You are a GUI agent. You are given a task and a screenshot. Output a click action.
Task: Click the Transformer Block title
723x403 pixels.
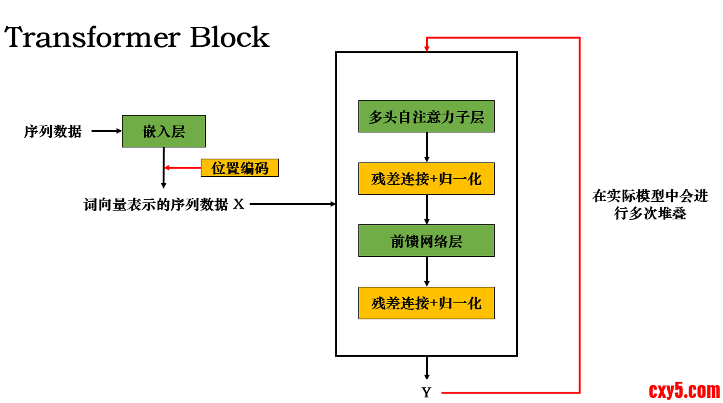tap(137, 37)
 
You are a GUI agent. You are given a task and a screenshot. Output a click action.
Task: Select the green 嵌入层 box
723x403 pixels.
tap(163, 131)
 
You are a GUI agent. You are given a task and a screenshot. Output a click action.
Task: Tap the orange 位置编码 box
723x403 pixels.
tap(240, 168)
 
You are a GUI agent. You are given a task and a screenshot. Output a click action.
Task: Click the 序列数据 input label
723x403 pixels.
tap(53, 132)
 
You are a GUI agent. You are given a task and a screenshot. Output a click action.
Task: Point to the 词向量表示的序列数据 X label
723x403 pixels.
tap(164, 204)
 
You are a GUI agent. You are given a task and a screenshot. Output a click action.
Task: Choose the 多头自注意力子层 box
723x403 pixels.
tap(426, 116)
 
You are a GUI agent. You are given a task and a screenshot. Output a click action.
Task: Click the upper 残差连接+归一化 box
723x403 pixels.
tap(426, 179)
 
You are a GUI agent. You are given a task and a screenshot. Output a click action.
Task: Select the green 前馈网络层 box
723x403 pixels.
tap(426, 241)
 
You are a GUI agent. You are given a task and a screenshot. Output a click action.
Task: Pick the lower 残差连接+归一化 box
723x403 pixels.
tap(426, 303)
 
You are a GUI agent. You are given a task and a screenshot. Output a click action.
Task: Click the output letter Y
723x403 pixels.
tap(427, 393)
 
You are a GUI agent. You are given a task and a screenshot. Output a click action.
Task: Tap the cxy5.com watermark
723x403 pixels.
tap(684, 391)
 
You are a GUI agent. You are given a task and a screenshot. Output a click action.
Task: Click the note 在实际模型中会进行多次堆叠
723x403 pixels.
tap(650, 204)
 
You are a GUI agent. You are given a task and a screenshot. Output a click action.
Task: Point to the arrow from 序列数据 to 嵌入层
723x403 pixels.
tap(106, 131)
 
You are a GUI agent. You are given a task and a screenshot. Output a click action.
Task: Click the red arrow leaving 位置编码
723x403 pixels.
tap(183, 167)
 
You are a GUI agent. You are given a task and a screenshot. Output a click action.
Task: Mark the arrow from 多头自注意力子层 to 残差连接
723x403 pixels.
tap(427, 147)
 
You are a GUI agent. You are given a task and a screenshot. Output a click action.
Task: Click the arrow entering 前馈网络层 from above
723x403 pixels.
tap(427, 210)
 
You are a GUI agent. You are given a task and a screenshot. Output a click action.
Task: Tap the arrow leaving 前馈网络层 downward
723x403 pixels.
tap(427, 272)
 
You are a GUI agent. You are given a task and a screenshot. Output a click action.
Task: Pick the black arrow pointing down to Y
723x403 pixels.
tap(427, 368)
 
